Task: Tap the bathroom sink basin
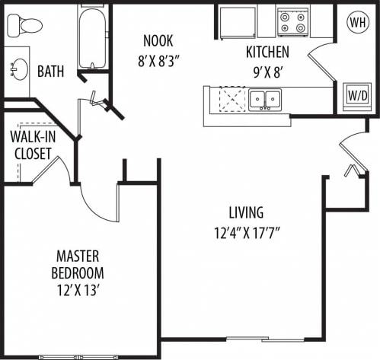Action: [16, 69]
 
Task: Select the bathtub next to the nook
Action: [92, 37]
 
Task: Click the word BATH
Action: [50, 72]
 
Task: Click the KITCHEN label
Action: [267, 53]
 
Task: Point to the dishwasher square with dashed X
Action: [230, 100]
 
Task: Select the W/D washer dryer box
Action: [356, 97]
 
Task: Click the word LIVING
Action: [245, 212]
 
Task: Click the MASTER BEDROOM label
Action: [78, 264]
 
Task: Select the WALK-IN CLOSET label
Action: [30, 145]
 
